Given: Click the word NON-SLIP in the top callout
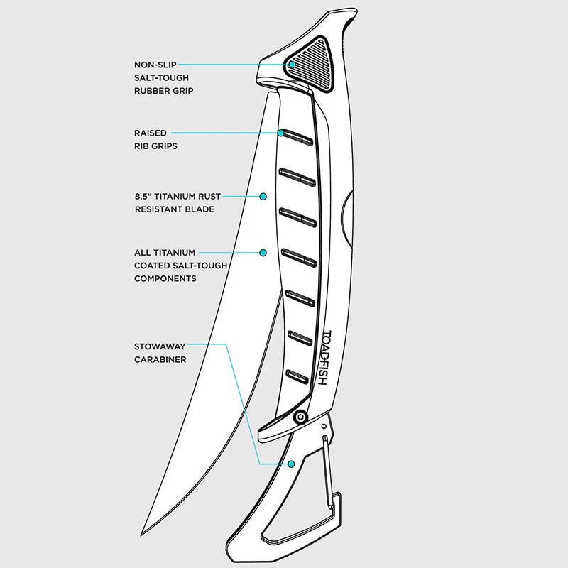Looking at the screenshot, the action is pyautogui.click(x=155, y=65).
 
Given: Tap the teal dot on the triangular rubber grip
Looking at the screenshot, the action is pyautogui.click(x=292, y=65).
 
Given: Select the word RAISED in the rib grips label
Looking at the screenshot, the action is pyautogui.click(x=151, y=133).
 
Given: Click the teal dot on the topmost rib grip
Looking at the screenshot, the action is pyautogui.click(x=280, y=133).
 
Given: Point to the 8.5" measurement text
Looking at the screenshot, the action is pyautogui.click(x=143, y=197).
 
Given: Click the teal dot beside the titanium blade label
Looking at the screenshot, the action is pyautogui.click(x=263, y=197).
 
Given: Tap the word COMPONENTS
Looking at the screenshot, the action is pyautogui.click(x=165, y=278).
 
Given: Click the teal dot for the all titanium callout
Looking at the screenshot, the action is pyautogui.click(x=263, y=253).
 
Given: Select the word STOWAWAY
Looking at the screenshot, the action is pyautogui.click(x=160, y=346).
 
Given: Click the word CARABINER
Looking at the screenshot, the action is pyautogui.click(x=160, y=360).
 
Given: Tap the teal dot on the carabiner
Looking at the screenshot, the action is pyautogui.click(x=291, y=464).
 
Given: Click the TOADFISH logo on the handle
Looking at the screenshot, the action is pyautogui.click(x=325, y=358).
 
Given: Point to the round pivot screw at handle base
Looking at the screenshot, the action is pyautogui.click(x=300, y=417).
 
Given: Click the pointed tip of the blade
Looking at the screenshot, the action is pyautogui.click(x=141, y=535).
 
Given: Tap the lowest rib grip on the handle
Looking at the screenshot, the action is pyautogui.click(x=297, y=377).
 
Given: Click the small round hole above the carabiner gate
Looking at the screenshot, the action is pyautogui.click(x=324, y=427).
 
